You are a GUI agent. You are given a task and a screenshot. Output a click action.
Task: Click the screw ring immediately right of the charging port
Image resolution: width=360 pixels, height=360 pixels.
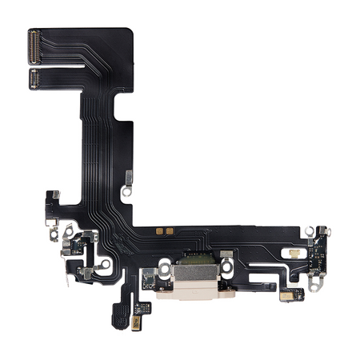(226, 263)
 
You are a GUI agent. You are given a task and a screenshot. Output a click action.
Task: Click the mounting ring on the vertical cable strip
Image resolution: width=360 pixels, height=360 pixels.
(126, 193)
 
